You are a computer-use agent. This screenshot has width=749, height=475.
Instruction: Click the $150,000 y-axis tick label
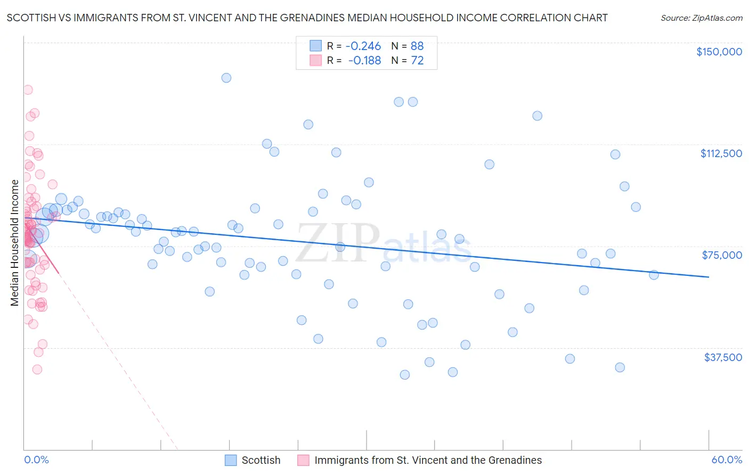point(719,52)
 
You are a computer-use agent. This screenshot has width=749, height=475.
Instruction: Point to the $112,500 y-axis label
point(721,153)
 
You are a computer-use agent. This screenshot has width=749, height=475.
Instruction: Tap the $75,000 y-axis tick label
point(722,255)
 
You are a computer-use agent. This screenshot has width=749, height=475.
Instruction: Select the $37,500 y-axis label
point(723,357)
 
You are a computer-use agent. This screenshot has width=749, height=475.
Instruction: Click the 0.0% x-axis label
point(36,460)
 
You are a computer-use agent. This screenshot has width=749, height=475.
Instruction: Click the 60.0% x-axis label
point(727,460)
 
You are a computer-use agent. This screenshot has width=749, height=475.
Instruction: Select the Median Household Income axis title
point(14,243)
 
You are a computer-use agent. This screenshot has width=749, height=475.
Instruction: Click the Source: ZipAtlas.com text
point(701,18)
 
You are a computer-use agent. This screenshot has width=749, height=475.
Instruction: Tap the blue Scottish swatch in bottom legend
point(231,461)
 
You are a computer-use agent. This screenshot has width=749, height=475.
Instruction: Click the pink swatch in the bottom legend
point(303,461)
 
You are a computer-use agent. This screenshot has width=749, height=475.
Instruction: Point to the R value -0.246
point(363,46)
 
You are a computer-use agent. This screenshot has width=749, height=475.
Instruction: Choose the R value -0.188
point(364,61)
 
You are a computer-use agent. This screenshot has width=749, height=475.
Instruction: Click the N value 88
point(417,46)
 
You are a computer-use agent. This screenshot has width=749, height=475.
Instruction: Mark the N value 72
point(417,61)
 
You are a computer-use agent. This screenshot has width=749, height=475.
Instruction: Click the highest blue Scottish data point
point(226,78)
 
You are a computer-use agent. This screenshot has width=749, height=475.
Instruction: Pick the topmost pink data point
point(28,90)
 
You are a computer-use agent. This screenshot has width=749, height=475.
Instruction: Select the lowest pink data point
point(37,370)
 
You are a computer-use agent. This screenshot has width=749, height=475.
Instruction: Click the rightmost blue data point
point(654,275)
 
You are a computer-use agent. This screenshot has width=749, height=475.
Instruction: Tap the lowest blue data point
point(405,375)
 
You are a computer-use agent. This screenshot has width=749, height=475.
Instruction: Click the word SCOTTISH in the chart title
point(30,18)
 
